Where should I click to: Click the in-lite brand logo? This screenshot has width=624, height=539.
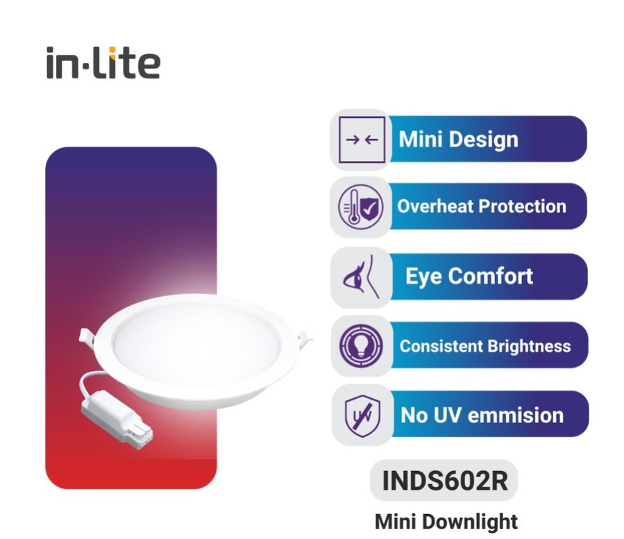(103, 63)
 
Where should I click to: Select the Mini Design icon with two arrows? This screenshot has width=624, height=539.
(361, 139)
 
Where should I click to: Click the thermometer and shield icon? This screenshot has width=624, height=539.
(360, 207)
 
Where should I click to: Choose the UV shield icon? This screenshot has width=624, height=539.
(362, 415)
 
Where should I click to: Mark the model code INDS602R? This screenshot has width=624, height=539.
(445, 481)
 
